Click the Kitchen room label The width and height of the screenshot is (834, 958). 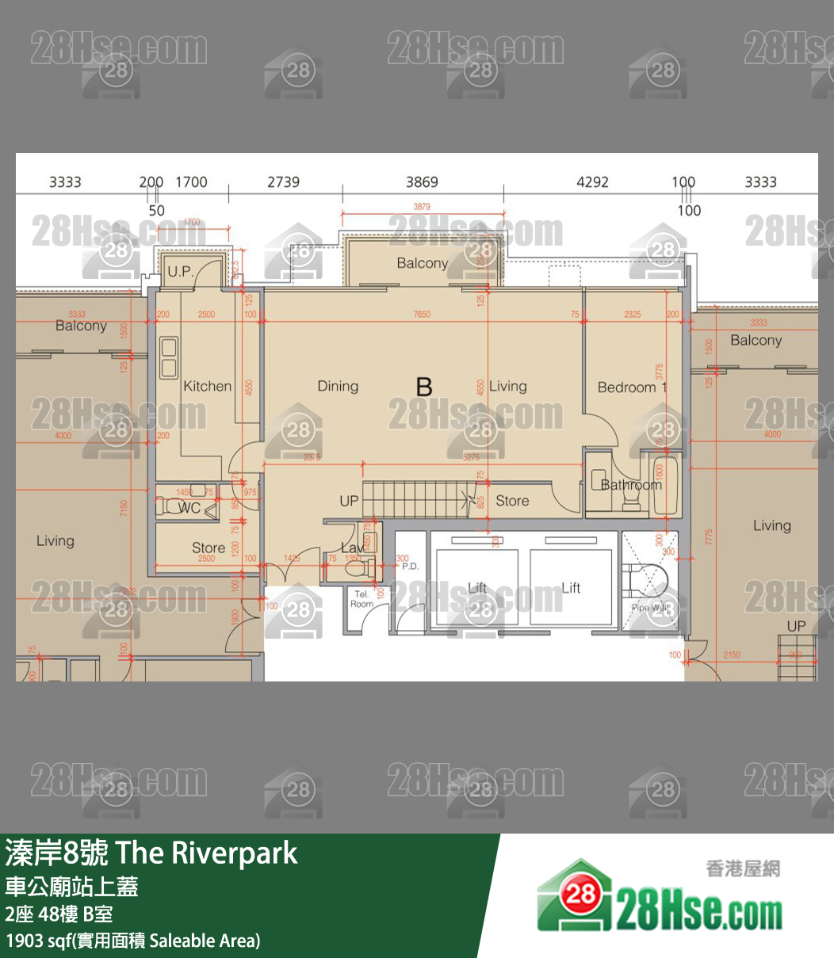click(207, 387)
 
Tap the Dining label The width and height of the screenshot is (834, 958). click(338, 387)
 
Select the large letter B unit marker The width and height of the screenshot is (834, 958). click(424, 387)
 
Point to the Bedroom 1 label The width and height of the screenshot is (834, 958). click(632, 387)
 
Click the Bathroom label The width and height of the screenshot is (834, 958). click(630, 485)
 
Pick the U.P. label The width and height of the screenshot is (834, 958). click(180, 272)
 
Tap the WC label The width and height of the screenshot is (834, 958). click(189, 508)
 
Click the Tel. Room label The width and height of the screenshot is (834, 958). click(362, 599)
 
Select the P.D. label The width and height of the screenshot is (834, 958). click(410, 567)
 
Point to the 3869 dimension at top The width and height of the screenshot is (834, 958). click(422, 182)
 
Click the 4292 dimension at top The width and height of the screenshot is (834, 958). click(592, 182)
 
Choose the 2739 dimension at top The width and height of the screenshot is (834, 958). click(283, 182)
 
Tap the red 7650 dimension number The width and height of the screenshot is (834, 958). click(422, 315)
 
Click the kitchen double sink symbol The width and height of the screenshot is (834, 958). click(169, 358)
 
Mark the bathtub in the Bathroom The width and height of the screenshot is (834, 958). click(662, 485)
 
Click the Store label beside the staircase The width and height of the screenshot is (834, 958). click(512, 501)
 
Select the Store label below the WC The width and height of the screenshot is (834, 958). click(208, 548)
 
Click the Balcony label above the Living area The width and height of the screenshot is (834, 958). click(423, 263)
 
